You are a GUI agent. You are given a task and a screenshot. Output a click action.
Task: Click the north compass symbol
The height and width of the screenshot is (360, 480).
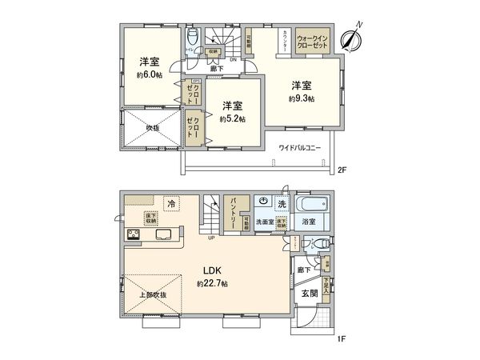[x=350, y=38]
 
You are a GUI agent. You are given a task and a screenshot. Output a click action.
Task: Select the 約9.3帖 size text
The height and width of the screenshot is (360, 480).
[x=301, y=98]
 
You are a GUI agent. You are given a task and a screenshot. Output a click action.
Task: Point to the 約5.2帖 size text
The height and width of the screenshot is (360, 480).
[x=232, y=118]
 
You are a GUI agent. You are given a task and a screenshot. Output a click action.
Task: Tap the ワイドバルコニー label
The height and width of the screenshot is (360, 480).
[x=300, y=148]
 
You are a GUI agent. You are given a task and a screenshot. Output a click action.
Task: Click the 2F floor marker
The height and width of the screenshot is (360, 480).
[x=342, y=170]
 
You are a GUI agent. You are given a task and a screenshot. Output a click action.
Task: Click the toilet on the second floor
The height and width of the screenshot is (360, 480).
[x=193, y=40]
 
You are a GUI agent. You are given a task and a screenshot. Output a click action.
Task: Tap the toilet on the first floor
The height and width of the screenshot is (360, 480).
[x=318, y=244]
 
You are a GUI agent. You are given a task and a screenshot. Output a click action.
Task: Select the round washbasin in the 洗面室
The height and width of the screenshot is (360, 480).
[x=263, y=202]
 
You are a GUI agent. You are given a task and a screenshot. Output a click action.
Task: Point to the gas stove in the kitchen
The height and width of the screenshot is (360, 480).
[x=132, y=235]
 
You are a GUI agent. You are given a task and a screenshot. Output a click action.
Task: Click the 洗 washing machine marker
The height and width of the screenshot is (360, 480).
[x=281, y=205]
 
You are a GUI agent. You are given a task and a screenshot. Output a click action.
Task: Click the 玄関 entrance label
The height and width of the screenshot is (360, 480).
[x=310, y=294]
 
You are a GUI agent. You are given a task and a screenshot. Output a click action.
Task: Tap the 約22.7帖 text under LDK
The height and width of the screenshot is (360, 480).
[x=213, y=283]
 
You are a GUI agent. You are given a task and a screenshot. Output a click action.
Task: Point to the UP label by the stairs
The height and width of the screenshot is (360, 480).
[x=210, y=238]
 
